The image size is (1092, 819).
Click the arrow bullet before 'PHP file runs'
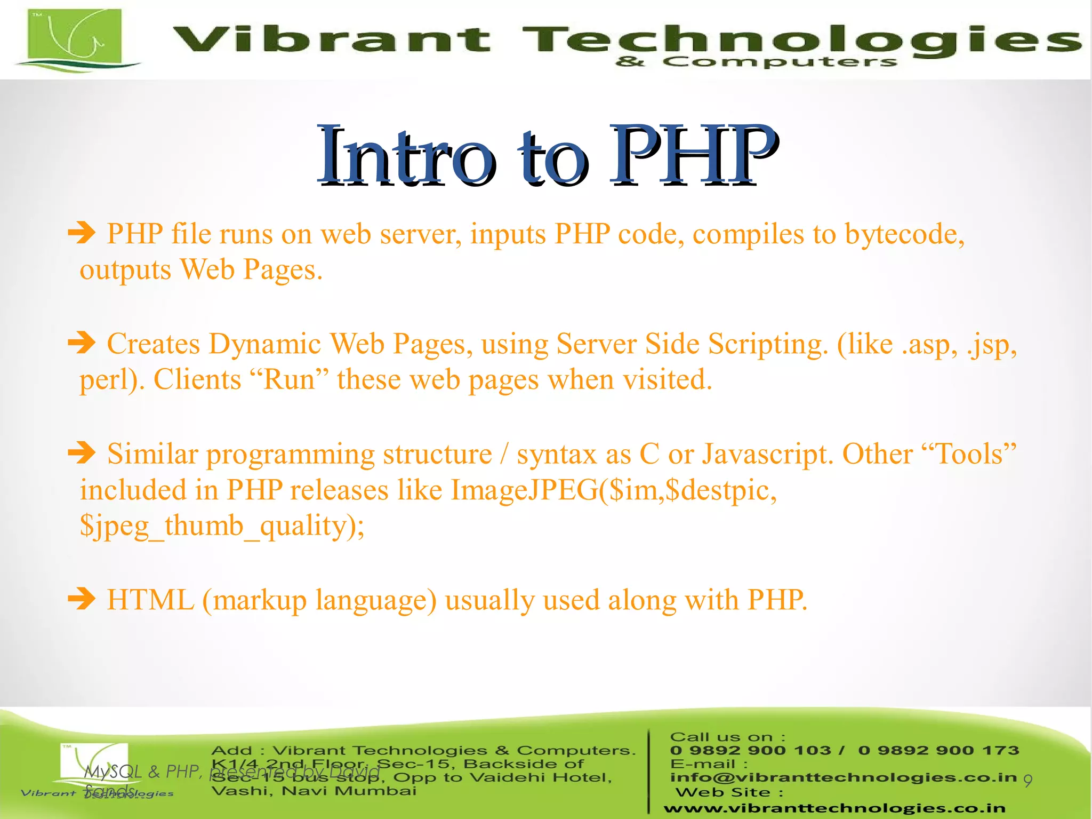point(82,233)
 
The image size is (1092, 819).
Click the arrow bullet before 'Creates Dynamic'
point(82,343)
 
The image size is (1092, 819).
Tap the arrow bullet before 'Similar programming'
point(82,454)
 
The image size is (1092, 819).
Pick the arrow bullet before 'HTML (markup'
point(82,599)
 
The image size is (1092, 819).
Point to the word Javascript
point(767,455)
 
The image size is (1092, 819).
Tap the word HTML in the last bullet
point(150,600)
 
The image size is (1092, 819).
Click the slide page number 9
point(1027,781)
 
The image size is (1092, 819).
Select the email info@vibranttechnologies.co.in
point(843,777)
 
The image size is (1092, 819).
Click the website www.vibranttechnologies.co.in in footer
point(834,808)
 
